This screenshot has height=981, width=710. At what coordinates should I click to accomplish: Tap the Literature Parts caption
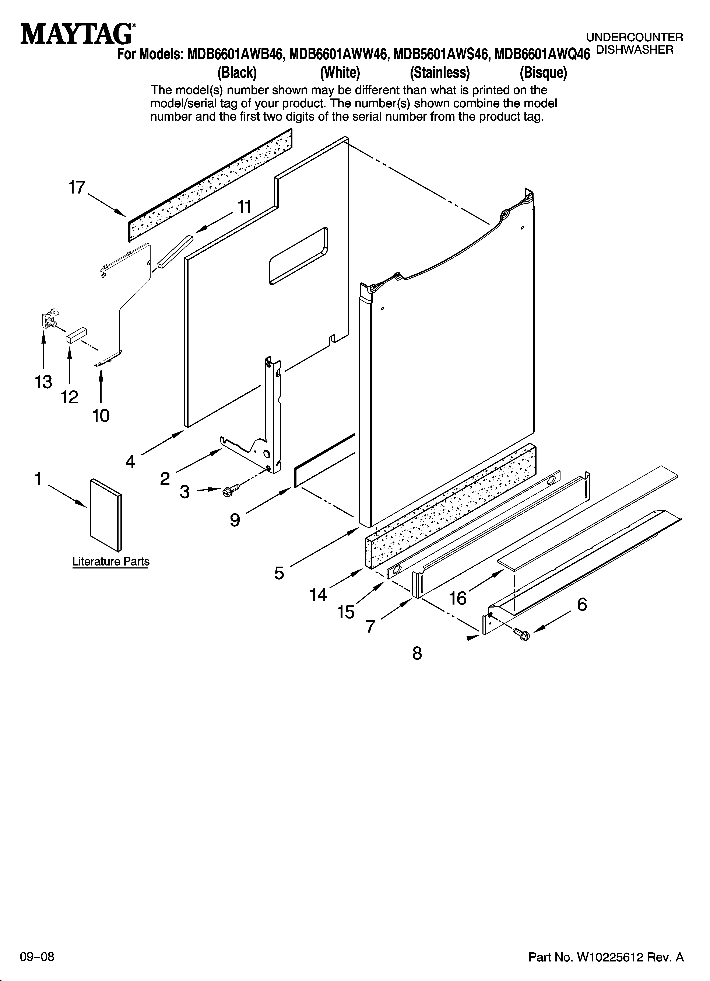pyautogui.click(x=111, y=561)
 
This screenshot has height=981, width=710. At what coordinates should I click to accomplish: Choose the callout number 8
pyautogui.click(x=417, y=653)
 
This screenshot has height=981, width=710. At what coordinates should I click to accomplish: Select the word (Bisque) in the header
pyautogui.click(x=543, y=73)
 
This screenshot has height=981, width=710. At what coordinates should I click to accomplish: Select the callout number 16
pyautogui.click(x=458, y=598)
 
